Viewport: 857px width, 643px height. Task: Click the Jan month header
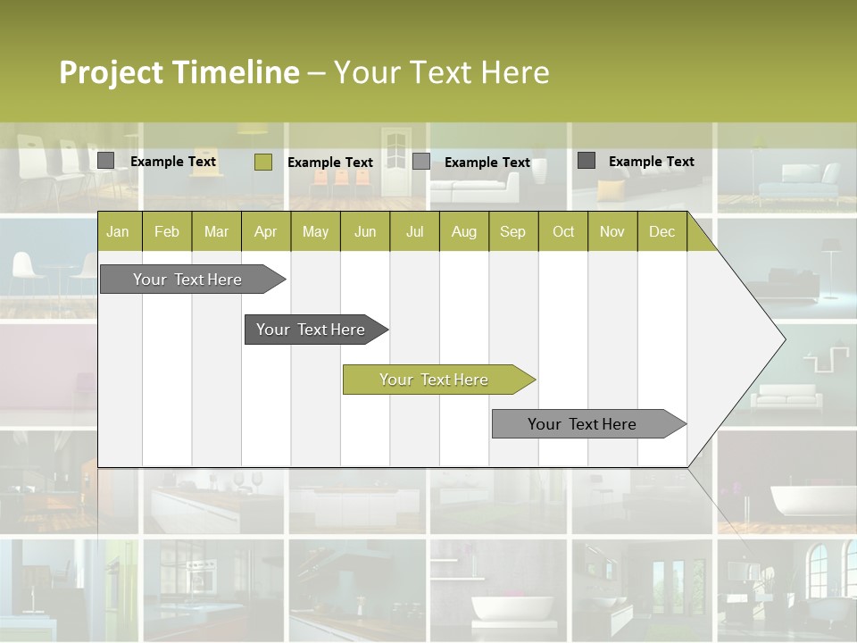(x=118, y=231)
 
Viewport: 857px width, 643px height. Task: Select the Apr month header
(x=265, y=231)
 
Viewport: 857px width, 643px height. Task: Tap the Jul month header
(x=414, y=231)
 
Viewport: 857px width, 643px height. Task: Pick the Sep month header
(x=512, y=231)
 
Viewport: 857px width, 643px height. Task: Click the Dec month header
(x=661, y=231)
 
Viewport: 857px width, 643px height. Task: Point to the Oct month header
(x=563, y=231)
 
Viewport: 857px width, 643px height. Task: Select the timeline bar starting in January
(x=187, y=280)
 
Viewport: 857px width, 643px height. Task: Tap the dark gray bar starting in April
(x=311, y=330)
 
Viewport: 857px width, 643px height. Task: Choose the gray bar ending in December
(x=582, y=424)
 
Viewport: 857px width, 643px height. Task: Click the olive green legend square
(x=262, y=162)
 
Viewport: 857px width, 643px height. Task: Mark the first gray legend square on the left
(x=105, y=161)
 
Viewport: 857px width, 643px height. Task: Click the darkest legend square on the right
(x=587, y=161)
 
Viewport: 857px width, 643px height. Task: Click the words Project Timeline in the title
(x=179, y=72)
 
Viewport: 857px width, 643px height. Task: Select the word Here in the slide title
(x=515, y=72)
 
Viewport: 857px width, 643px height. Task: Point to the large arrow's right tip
(x=784, y=339)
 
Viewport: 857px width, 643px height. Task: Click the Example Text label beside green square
(x=329, y=163)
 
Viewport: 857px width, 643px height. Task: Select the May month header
(x=315, y=231)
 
